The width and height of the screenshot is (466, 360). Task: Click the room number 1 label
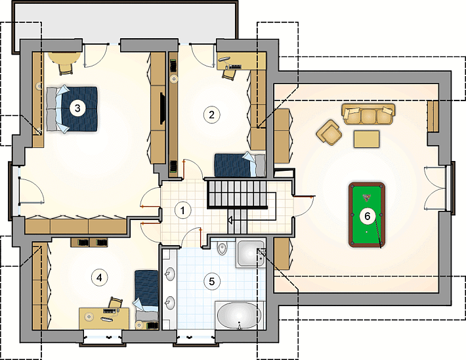[182, 210]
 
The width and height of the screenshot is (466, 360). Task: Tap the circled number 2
[211, 114]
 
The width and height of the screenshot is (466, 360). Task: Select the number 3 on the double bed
[77, 108]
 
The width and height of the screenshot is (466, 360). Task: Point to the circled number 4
[99, 278]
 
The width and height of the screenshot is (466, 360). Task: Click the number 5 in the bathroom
[211, 281]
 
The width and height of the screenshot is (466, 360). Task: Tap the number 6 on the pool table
[368, 216]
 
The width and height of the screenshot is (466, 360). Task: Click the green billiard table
[367, 215]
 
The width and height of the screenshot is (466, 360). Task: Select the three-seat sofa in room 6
[368, 114]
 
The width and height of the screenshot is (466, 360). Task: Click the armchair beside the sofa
[329, 133]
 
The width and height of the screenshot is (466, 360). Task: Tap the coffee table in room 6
[366, 139]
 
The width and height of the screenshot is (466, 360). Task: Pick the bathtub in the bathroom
[240, 315]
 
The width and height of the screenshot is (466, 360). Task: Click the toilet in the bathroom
[222, 248]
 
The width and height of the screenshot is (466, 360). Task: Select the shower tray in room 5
[250, 253]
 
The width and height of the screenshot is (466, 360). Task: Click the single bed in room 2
[240, 165]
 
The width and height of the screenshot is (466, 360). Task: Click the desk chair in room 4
[116, 303]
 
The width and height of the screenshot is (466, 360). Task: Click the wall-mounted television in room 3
[163, 108]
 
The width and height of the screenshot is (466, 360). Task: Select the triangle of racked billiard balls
[366, 197]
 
